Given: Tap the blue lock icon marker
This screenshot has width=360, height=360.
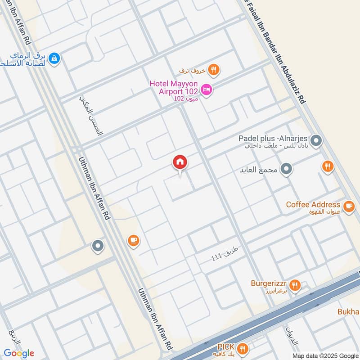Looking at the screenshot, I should [x=54, y=58].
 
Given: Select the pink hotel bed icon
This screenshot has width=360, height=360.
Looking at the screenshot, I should [x=207, y=90].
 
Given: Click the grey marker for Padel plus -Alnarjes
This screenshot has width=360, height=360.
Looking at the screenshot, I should [x=316, y=141].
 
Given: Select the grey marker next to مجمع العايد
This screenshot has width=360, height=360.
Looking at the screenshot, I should [x=286, y=170].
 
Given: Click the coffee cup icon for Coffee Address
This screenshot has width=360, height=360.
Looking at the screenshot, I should [x=348, y=206].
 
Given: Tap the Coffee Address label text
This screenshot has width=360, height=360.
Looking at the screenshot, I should [x=313, y=205].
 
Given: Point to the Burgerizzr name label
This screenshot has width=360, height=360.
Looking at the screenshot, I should [x=269, y=284].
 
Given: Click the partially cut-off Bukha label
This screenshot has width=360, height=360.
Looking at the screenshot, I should [x=348, y=312].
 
